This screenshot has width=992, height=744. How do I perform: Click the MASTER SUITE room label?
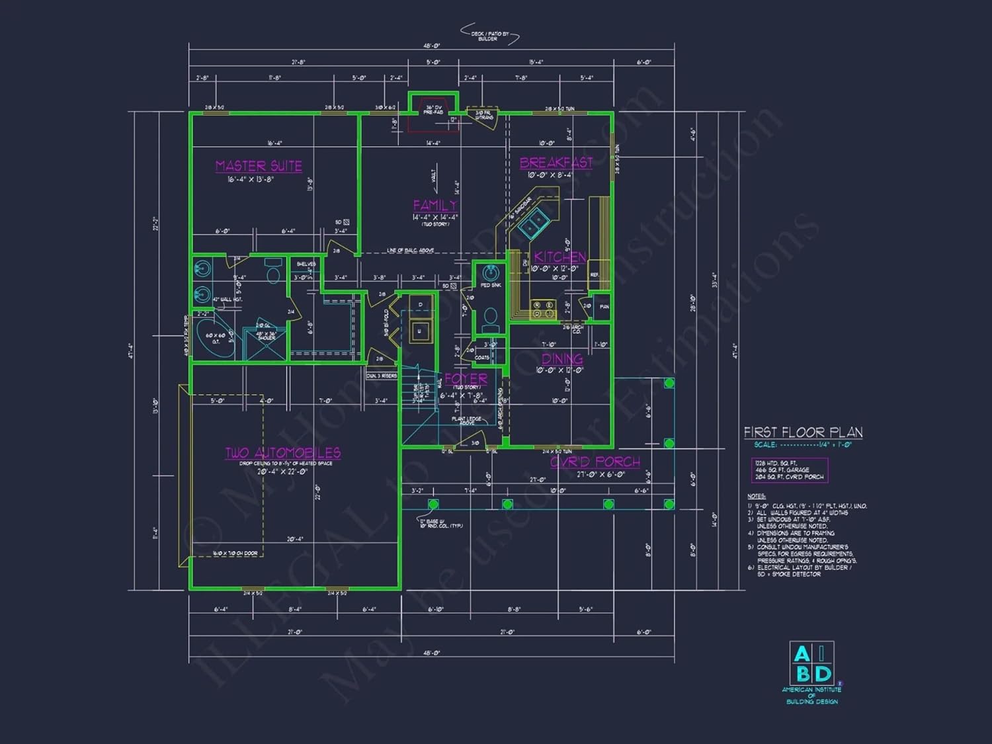[259, 166]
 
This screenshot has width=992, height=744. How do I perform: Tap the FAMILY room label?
[434, 205]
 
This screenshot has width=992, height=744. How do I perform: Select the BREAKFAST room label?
[556, 163]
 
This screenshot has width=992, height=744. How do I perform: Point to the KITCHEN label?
[559, 257]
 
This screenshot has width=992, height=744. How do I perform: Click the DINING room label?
[562, 359]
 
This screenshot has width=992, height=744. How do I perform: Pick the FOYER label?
[466, 379]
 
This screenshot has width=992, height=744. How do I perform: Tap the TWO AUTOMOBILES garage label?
[283, 453]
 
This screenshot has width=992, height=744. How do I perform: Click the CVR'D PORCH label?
[595, 462]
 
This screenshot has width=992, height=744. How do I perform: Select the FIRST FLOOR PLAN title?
[803, 433]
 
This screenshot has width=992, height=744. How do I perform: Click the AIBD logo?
[811, 664]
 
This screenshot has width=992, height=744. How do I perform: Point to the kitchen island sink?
[532, 225]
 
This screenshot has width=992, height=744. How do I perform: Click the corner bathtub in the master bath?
[214, 339]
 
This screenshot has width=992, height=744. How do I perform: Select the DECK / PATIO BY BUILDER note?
[487, 36]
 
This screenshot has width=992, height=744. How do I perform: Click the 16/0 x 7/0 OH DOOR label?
[235, 554]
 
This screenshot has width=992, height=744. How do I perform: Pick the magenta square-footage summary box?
[789, 470]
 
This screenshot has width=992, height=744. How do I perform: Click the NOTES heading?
[757, 496]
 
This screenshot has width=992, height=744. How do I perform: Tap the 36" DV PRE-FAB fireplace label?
[433, 110]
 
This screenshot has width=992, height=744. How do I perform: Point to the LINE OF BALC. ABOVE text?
[410, 251]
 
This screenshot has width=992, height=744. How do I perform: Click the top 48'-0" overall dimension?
[431, 46]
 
